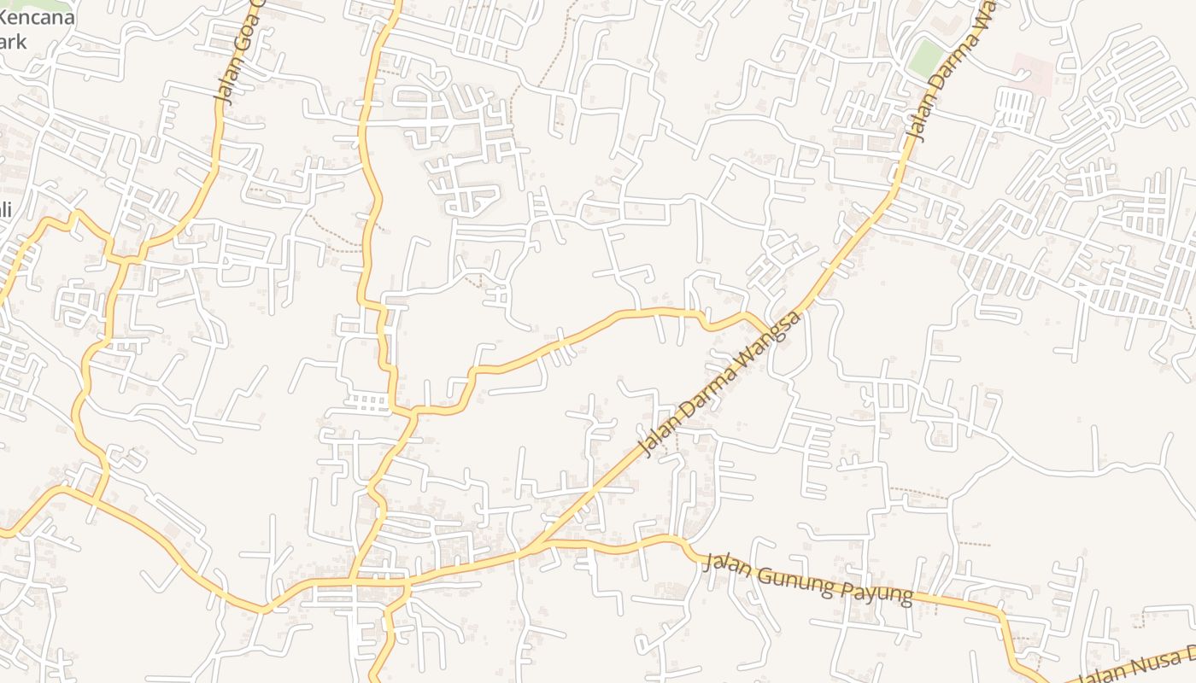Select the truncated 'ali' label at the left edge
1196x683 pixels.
click(x=5, y=210)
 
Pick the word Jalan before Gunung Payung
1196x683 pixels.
click(x=730, y=567)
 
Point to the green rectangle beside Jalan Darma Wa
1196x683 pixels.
click(x=924, y=57)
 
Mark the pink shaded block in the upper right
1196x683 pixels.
click(x=1032, y=73)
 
